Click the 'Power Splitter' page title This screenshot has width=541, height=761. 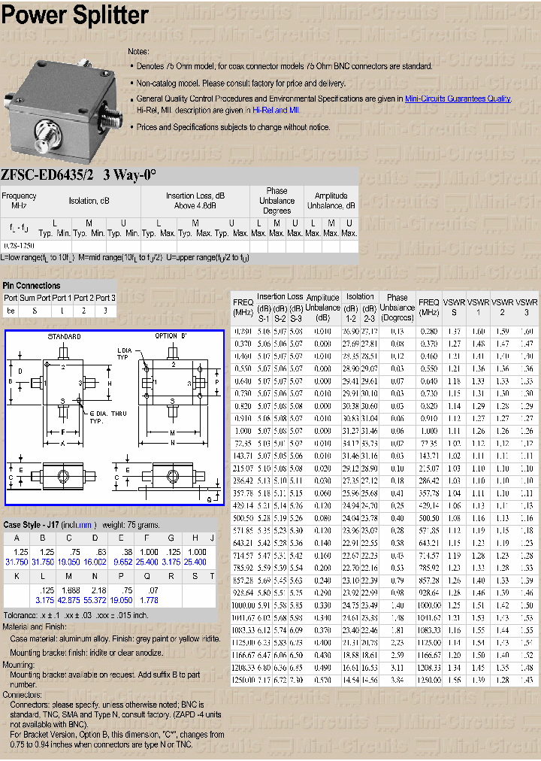pos(74,15)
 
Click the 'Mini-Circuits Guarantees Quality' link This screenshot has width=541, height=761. pos(458,99)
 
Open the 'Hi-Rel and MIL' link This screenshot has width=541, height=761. pos(270,110)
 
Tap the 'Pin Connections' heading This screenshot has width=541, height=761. pos(32,286)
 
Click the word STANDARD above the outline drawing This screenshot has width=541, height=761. pos(65,336)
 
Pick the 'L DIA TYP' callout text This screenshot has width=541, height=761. pos(125,354)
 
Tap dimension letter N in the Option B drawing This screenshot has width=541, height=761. pos(173,443)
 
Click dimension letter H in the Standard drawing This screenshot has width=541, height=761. pos(110,384)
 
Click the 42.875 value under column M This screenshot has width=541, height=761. pos(68,601)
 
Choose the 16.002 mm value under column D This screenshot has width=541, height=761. pos(95,562)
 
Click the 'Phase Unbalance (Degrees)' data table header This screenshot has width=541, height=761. pos(397,307)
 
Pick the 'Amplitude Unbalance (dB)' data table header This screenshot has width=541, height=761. pos(323,307)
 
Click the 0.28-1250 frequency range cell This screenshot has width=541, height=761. pos(19,246)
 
